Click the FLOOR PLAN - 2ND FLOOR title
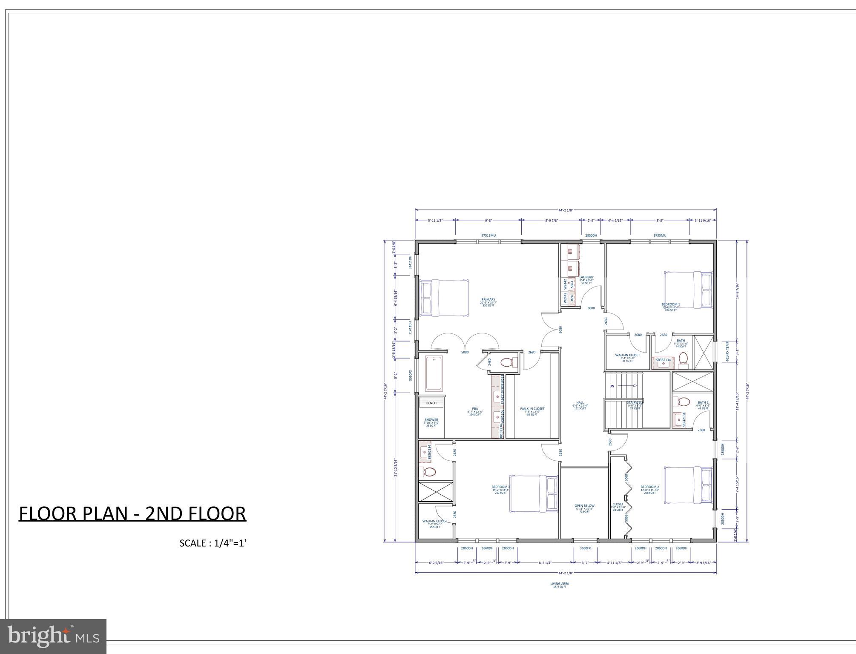tap(132, 513)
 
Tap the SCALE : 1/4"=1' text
tap(213, 543)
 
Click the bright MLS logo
tap(53, 636)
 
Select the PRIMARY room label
tap(488, 299)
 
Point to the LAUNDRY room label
tap(586, 277)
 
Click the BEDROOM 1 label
tap(671, 304)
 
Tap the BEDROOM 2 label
tap(649, 487)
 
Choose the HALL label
tap(580, 402)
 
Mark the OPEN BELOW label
tap(584, 506)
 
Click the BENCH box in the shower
tap(431, 403)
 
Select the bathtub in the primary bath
tap(434, 374)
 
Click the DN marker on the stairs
tap(612, 386)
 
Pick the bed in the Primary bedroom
tap(444, 298)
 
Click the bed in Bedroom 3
tap(534, 493)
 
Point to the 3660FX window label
tap(585, 548)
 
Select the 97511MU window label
tap(488, 235)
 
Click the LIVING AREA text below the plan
tap(560, 584)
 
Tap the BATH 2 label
tap(703, 402)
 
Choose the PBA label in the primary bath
tap(475, 409)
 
